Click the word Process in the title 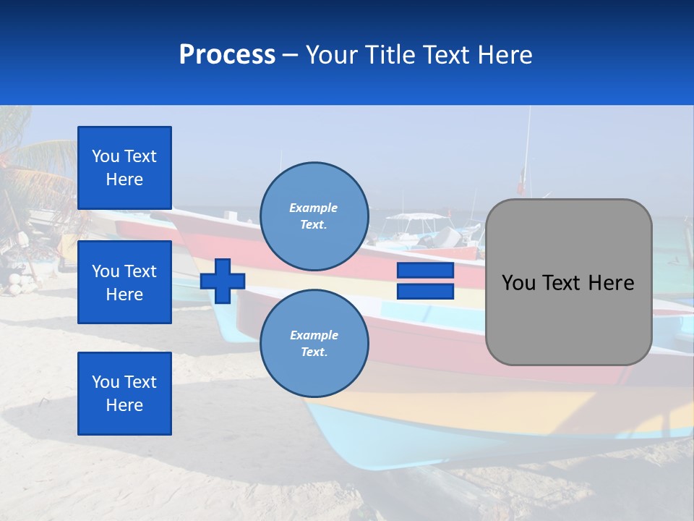pyautogui.click(x=227, y=55)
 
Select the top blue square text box pyautogui.click(x=124, y=168)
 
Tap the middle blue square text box pyautogui.click(x=124, y=282)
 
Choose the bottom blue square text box pyautogui.click(x=124, y=394)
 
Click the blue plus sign pyautogui.click(x=223, y=281)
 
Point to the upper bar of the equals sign pyautogui.click(x=426, y=271)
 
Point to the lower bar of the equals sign pyautogui.click(x=426, y=292)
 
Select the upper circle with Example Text pyautogui.click(x=314, y=216)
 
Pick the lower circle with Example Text pyautogui.click(x=314, y=343)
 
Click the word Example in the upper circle pyautogui.click(x=313, y=208)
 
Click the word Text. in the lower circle pyautogui.click(x=314, y=352)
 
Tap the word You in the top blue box pyautogui.click(x=106, y=156)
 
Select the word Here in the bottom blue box pyautogui.click(x=124, y=405)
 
